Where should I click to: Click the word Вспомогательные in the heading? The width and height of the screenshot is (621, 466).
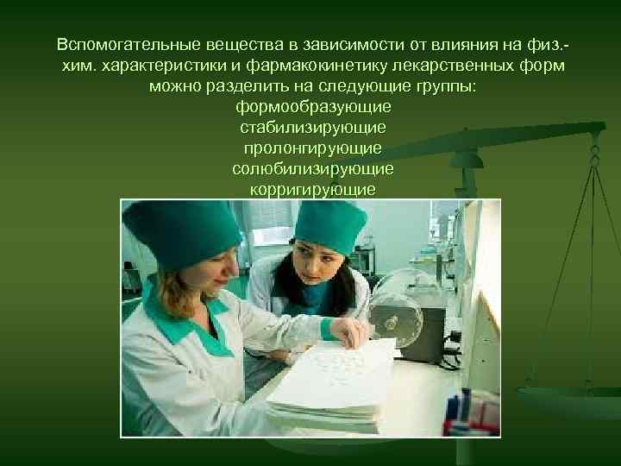pyautogui.click(x=119, y=43)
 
